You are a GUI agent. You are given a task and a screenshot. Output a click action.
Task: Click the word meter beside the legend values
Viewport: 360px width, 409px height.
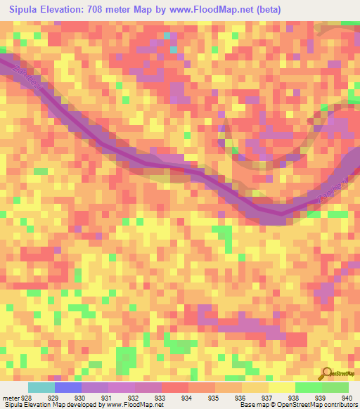11,398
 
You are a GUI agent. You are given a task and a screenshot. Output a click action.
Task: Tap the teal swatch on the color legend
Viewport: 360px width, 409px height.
41,387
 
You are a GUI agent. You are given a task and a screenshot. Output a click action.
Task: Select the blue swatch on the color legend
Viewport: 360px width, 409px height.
68,387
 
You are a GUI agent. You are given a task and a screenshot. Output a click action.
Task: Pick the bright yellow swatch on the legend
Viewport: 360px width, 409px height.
282,387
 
